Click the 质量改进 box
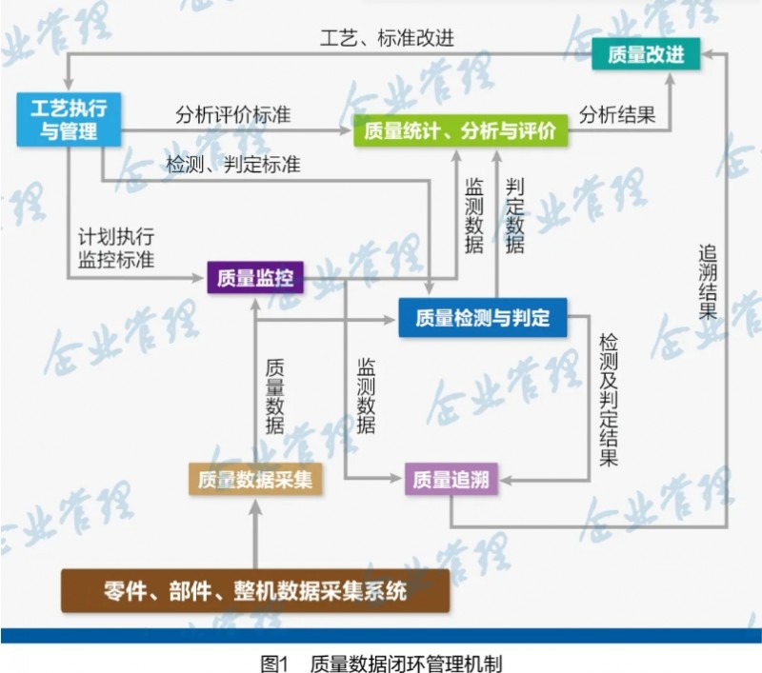pyautogui.click(x=637, y=53)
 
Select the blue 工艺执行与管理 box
pyautogui.click(x=70, y=119)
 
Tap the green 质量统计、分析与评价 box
pyautogui.click(x=461, y=130)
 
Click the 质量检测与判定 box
pyautogui.click(x=482, y=317)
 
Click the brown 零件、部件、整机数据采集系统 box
pyautogui.click(x=254, y=591)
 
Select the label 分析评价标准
pyautogui.click(x=232, y=114)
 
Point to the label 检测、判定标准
pyautogui.click(x=232, y=165)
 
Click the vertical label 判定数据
pyautogui.click(x=514, y=214)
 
